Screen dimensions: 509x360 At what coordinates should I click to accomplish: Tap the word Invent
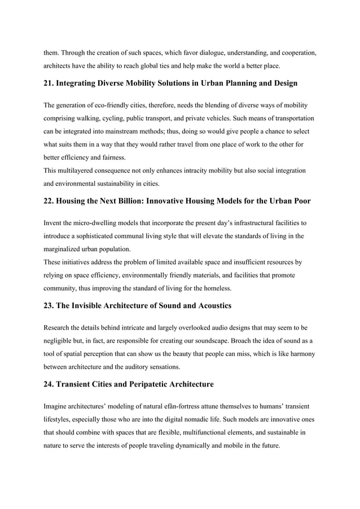click(x=53, y=223)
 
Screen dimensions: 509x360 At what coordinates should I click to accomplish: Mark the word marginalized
click(x=66, y=248)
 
